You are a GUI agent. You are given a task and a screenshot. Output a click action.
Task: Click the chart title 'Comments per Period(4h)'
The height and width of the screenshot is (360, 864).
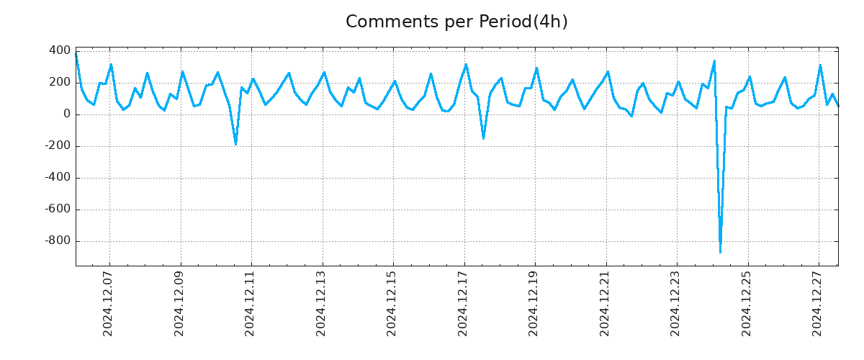pos(456,22)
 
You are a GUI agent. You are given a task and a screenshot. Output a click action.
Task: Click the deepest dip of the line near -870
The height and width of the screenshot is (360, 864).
pos(720,252)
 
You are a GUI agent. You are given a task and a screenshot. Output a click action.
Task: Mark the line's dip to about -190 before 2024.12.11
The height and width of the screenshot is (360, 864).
pos(235,144)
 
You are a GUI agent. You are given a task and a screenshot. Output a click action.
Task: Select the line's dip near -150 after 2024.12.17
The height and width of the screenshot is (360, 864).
pos(483,138)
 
